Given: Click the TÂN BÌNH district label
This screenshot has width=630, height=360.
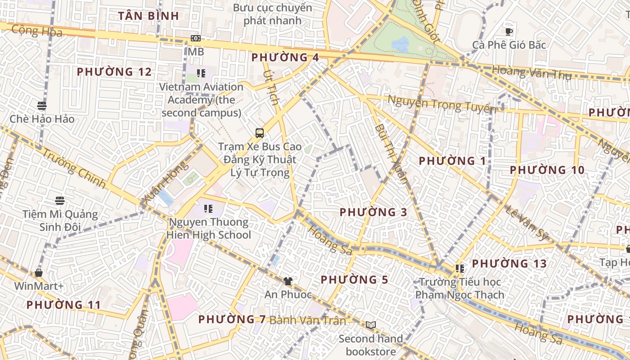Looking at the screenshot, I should point(148,16).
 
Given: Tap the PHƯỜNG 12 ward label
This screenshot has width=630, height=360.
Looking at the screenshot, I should point(114,72).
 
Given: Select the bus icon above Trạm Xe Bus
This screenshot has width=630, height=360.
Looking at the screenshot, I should point(260,133).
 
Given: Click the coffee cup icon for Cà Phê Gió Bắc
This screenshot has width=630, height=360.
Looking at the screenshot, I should point(509,31).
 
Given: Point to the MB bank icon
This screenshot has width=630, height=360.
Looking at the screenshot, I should point(196,38).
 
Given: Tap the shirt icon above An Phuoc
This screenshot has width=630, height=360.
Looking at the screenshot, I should point(288,281).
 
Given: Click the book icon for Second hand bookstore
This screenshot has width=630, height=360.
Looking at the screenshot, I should point(370,325).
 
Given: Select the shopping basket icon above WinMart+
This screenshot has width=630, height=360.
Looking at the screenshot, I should point(39,273).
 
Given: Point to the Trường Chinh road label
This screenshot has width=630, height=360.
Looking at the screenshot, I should point(74,169).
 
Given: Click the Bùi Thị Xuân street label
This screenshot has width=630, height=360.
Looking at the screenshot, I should point(391,153).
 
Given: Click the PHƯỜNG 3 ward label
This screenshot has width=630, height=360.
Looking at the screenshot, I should point(373,212).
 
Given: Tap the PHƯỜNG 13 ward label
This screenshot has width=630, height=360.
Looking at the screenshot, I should point(509,264).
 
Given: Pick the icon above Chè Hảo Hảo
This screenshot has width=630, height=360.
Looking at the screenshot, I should point(42,106).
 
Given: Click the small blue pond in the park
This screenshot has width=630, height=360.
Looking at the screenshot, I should point(400,44).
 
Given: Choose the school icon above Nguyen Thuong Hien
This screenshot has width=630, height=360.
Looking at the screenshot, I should point(208,208).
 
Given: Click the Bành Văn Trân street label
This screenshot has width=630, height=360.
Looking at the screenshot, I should point(308,320).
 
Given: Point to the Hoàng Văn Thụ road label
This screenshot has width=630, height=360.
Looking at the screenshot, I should point(531,72).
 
